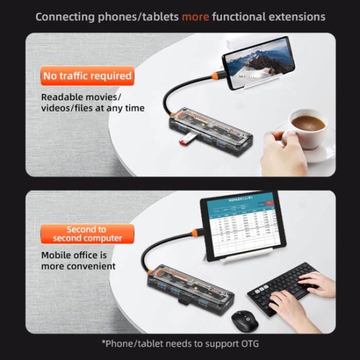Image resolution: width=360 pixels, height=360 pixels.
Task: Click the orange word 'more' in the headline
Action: (195, 17)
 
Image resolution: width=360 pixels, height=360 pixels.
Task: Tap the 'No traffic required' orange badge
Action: (87, 76)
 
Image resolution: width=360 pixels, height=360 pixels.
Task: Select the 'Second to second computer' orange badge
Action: (87, 234)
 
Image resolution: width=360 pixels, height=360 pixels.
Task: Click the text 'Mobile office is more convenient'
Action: (78, 260)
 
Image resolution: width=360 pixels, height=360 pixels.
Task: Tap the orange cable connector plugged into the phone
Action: (216, 76)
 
